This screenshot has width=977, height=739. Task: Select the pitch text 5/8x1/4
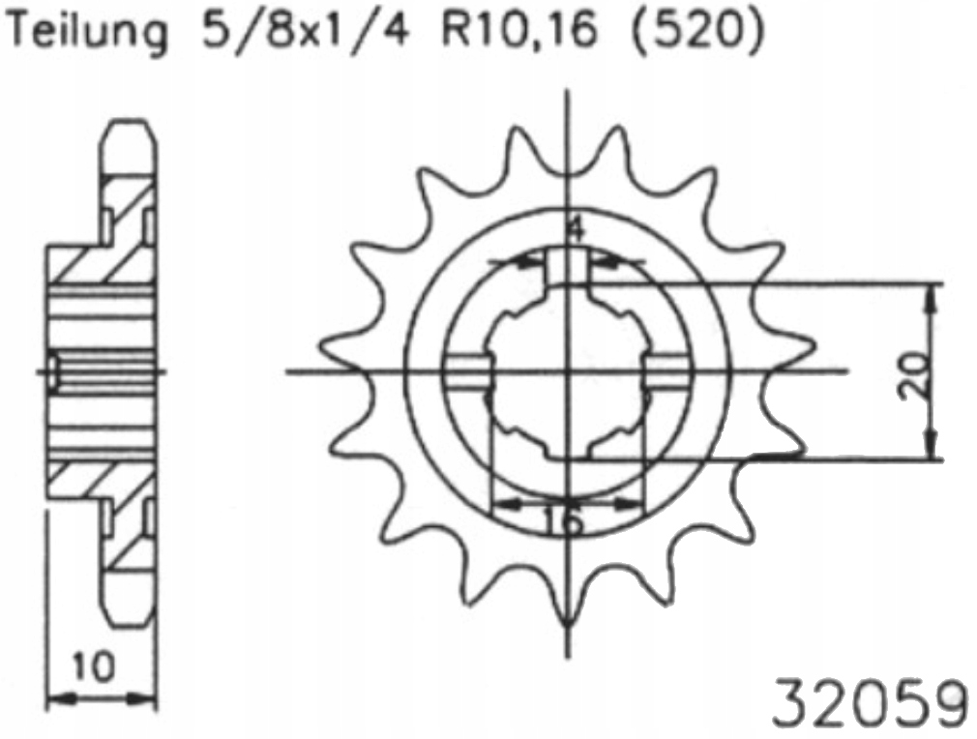pos(306,28)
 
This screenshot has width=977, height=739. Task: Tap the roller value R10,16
pos(518,29)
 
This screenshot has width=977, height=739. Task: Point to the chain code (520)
pos(696,29)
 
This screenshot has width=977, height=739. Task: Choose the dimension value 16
pos(564,519)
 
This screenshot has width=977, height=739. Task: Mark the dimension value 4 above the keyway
pos(577,230)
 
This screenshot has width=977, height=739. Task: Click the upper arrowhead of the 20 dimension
pos(932,298)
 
